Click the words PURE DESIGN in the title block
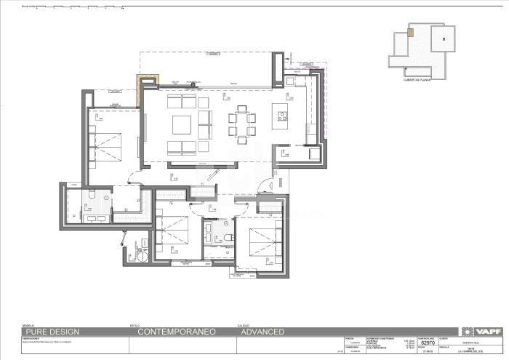[50, 332]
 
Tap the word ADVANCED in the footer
[262, 332]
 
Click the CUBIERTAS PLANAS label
[417, 80]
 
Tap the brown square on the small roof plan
[411, 32]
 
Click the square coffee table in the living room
[182, 124]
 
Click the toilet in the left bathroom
[92, 195]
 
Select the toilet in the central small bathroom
[226, 238]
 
